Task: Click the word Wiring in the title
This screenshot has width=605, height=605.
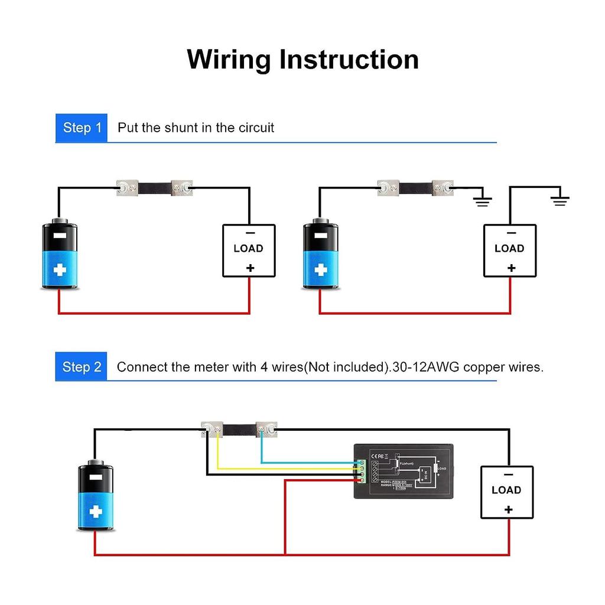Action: tap(229, 60)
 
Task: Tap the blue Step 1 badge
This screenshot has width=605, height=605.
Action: tap(82, 128)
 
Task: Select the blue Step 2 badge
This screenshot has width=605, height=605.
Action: tap(82, 367)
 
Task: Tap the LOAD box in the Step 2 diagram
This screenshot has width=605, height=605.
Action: tap(506, 492)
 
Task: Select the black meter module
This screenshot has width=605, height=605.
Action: tap(403, 471)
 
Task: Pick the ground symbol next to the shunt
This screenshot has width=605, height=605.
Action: tap(483, 200)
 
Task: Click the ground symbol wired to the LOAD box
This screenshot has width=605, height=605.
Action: tap(560, 200)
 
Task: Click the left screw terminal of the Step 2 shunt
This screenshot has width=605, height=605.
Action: tap(211, 428)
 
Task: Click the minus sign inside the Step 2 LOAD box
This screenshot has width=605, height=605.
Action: tap(508, 474)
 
